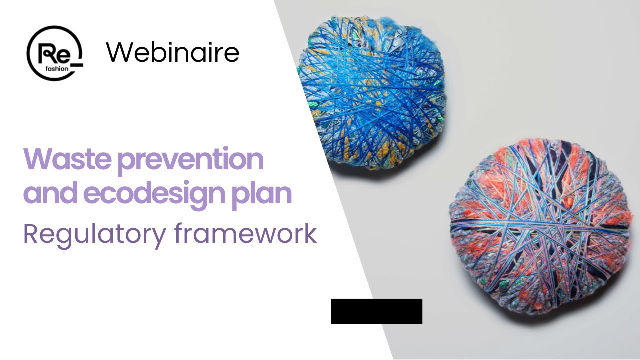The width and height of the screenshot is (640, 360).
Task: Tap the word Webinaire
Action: [x=172, y=52]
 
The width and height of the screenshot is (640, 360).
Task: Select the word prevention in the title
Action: [x=191, y=160]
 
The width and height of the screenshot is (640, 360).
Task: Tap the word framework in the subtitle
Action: [x=245, y=233]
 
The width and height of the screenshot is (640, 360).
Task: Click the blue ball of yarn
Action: [x=371, y=93]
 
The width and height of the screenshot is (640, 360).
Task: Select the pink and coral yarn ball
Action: [x=540, y=227]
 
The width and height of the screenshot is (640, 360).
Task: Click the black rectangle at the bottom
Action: [x=377, y=311]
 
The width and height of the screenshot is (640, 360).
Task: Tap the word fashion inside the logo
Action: [x=57, y=69]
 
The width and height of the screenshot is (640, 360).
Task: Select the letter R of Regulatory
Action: [x=31, y=234]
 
